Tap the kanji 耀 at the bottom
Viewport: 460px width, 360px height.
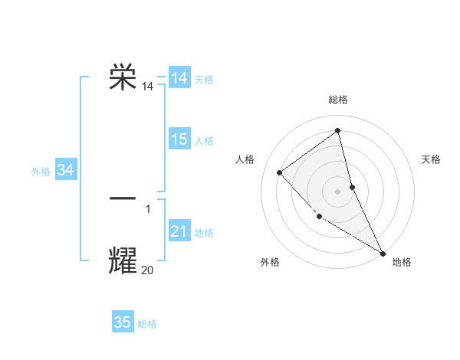click(123, 260)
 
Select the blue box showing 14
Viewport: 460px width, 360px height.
click(179, 78)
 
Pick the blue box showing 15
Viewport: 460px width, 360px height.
click(179, 139)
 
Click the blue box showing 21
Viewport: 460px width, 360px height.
click(179, 231)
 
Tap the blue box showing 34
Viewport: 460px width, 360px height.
click(66, 170)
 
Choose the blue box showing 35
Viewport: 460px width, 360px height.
click(123, 322)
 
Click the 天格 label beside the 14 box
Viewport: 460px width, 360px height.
click(204, 80)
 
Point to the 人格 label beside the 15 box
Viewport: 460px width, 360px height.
click(204, 141)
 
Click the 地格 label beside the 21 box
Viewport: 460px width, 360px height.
click(204, 233)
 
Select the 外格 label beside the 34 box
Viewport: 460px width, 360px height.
click(41, 172)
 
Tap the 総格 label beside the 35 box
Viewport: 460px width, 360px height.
click(147, 324)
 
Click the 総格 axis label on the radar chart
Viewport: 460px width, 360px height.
click(338, 100)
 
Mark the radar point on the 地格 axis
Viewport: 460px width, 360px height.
click(383, 253)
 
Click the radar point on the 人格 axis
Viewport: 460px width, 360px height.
click(280, 172)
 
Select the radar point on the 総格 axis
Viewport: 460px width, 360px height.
click(338, 131)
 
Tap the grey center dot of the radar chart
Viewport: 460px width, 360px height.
click(338, 191)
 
